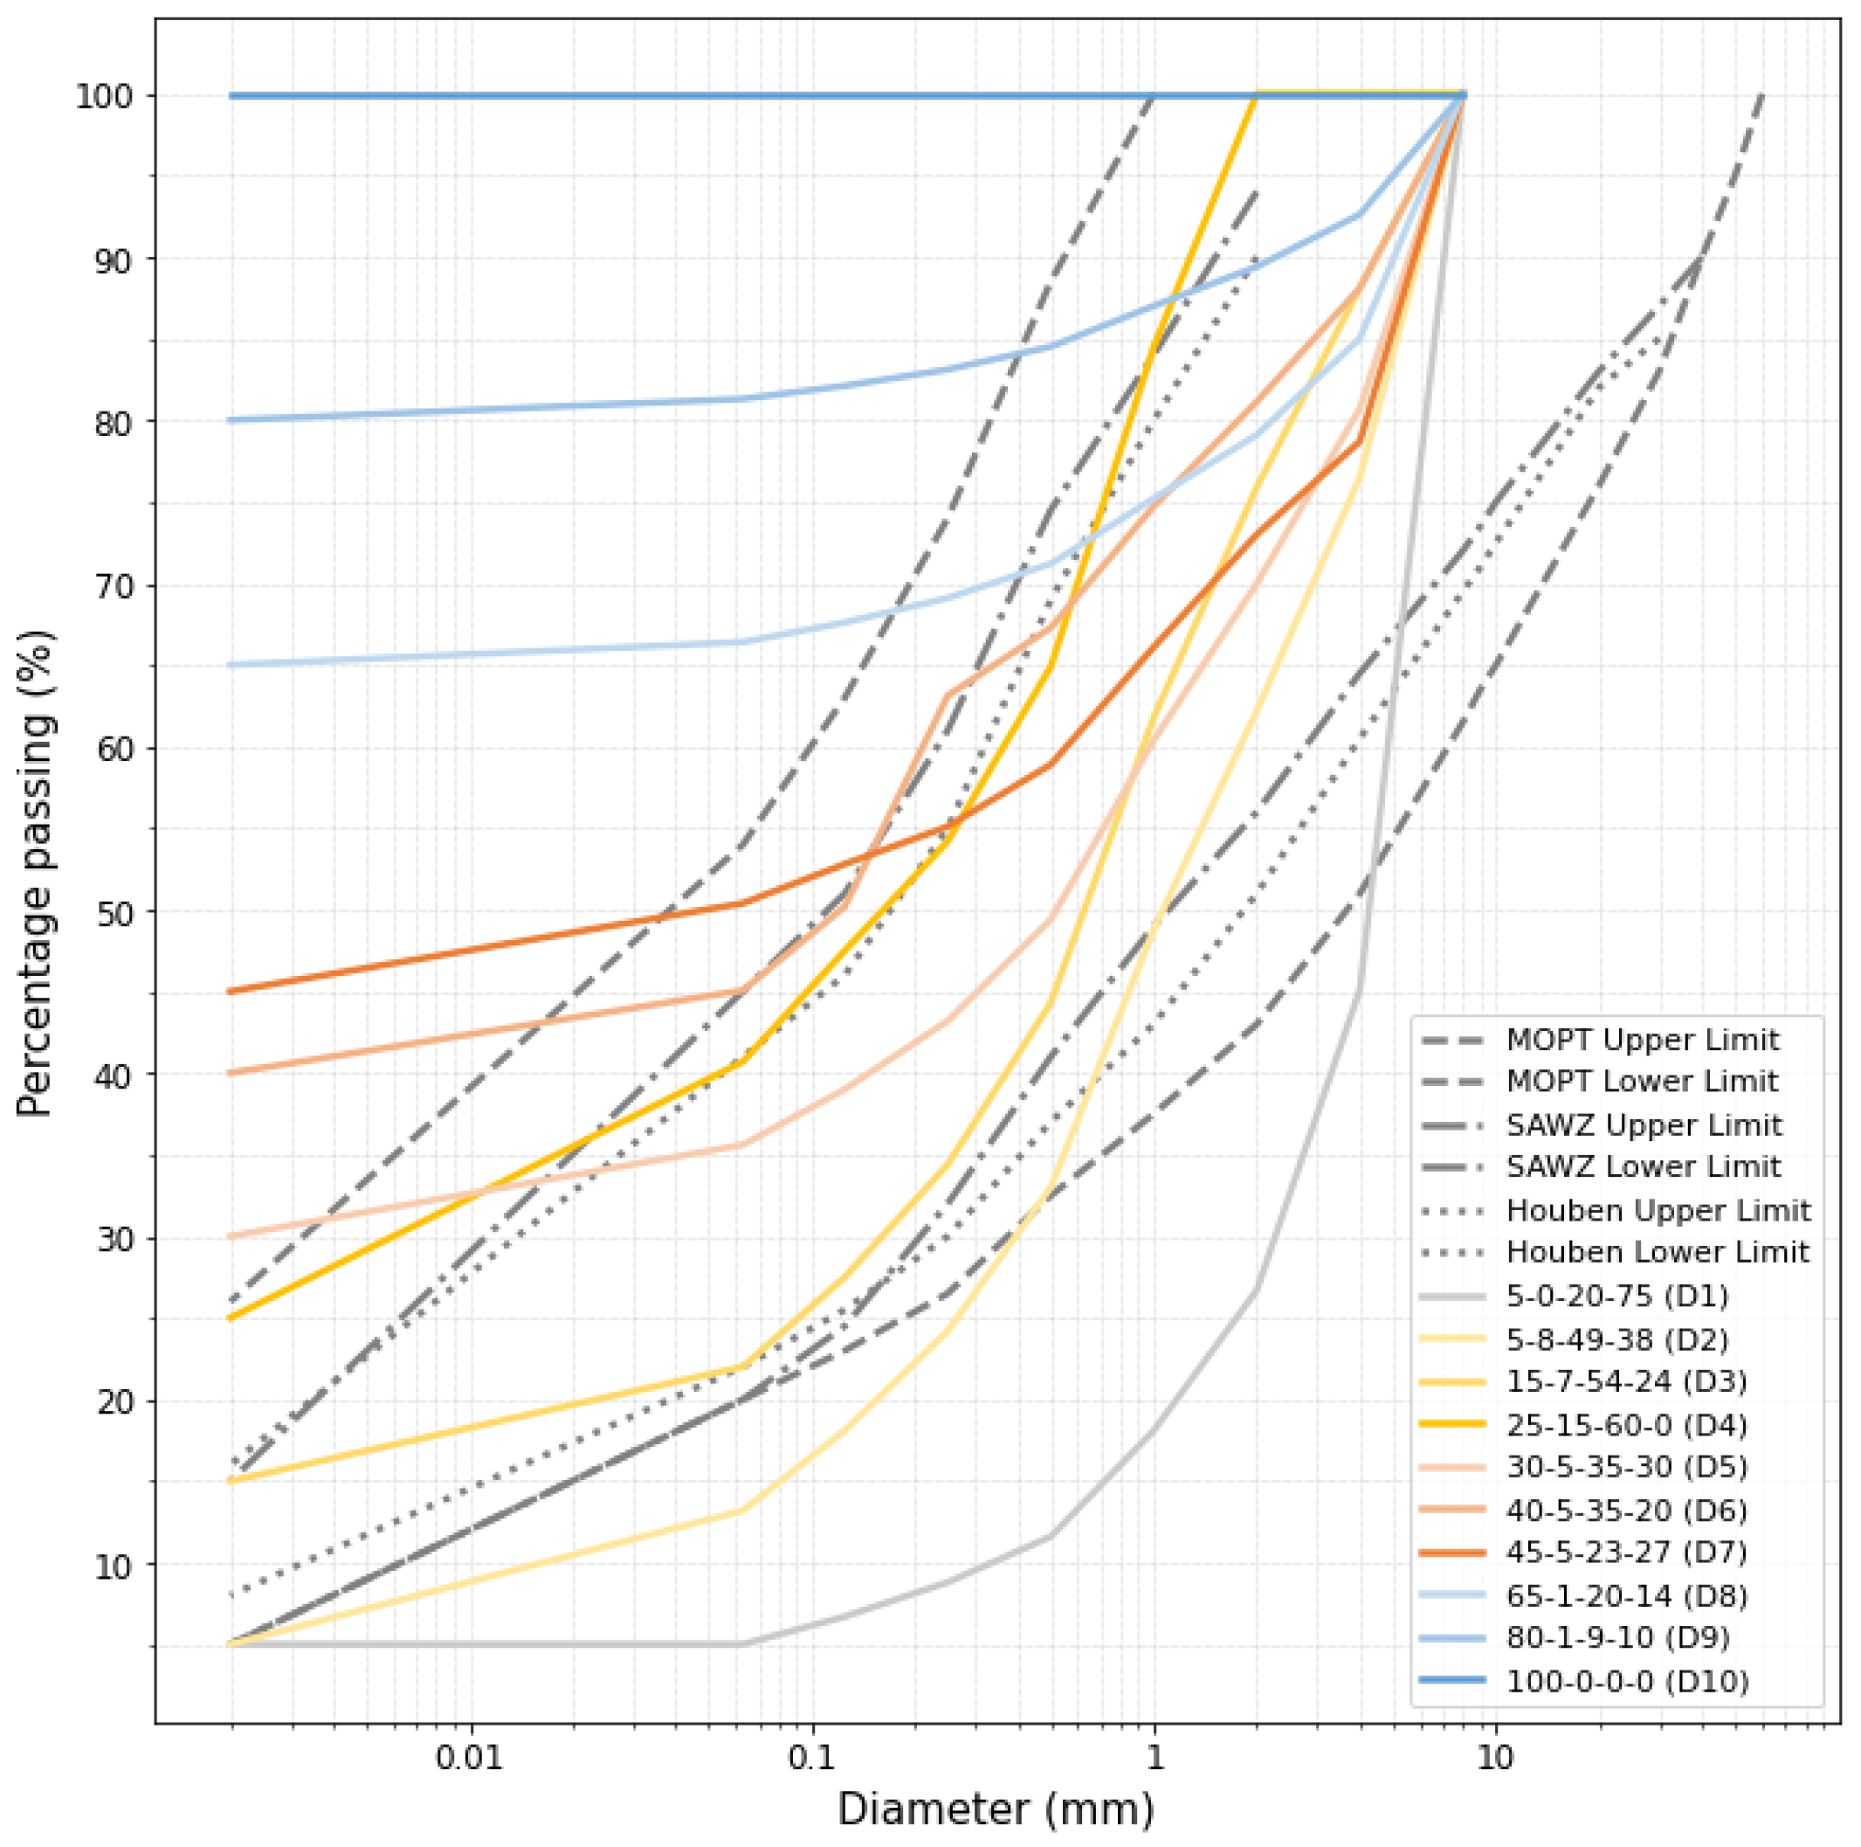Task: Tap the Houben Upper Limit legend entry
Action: (1616, 1210)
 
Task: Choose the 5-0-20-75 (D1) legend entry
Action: (1575, 1296)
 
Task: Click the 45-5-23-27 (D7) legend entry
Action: (1583, 1553)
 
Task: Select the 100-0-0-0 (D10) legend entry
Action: (1584, 1681)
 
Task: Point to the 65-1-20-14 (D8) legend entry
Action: (1583, 1595)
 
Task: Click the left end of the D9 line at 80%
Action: (231, 420)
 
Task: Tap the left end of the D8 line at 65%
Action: (231, 665)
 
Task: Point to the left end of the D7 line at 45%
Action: (231, 992)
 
